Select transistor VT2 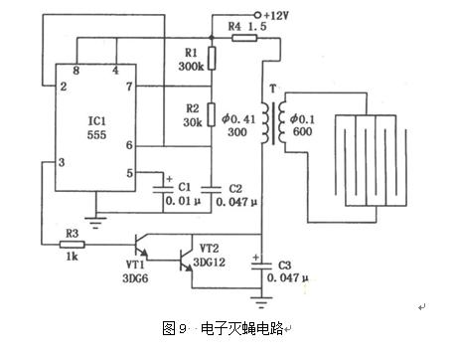pyautogui.click(x=184, y=261)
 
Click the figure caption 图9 pyautogui.click(x=175, y=326)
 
